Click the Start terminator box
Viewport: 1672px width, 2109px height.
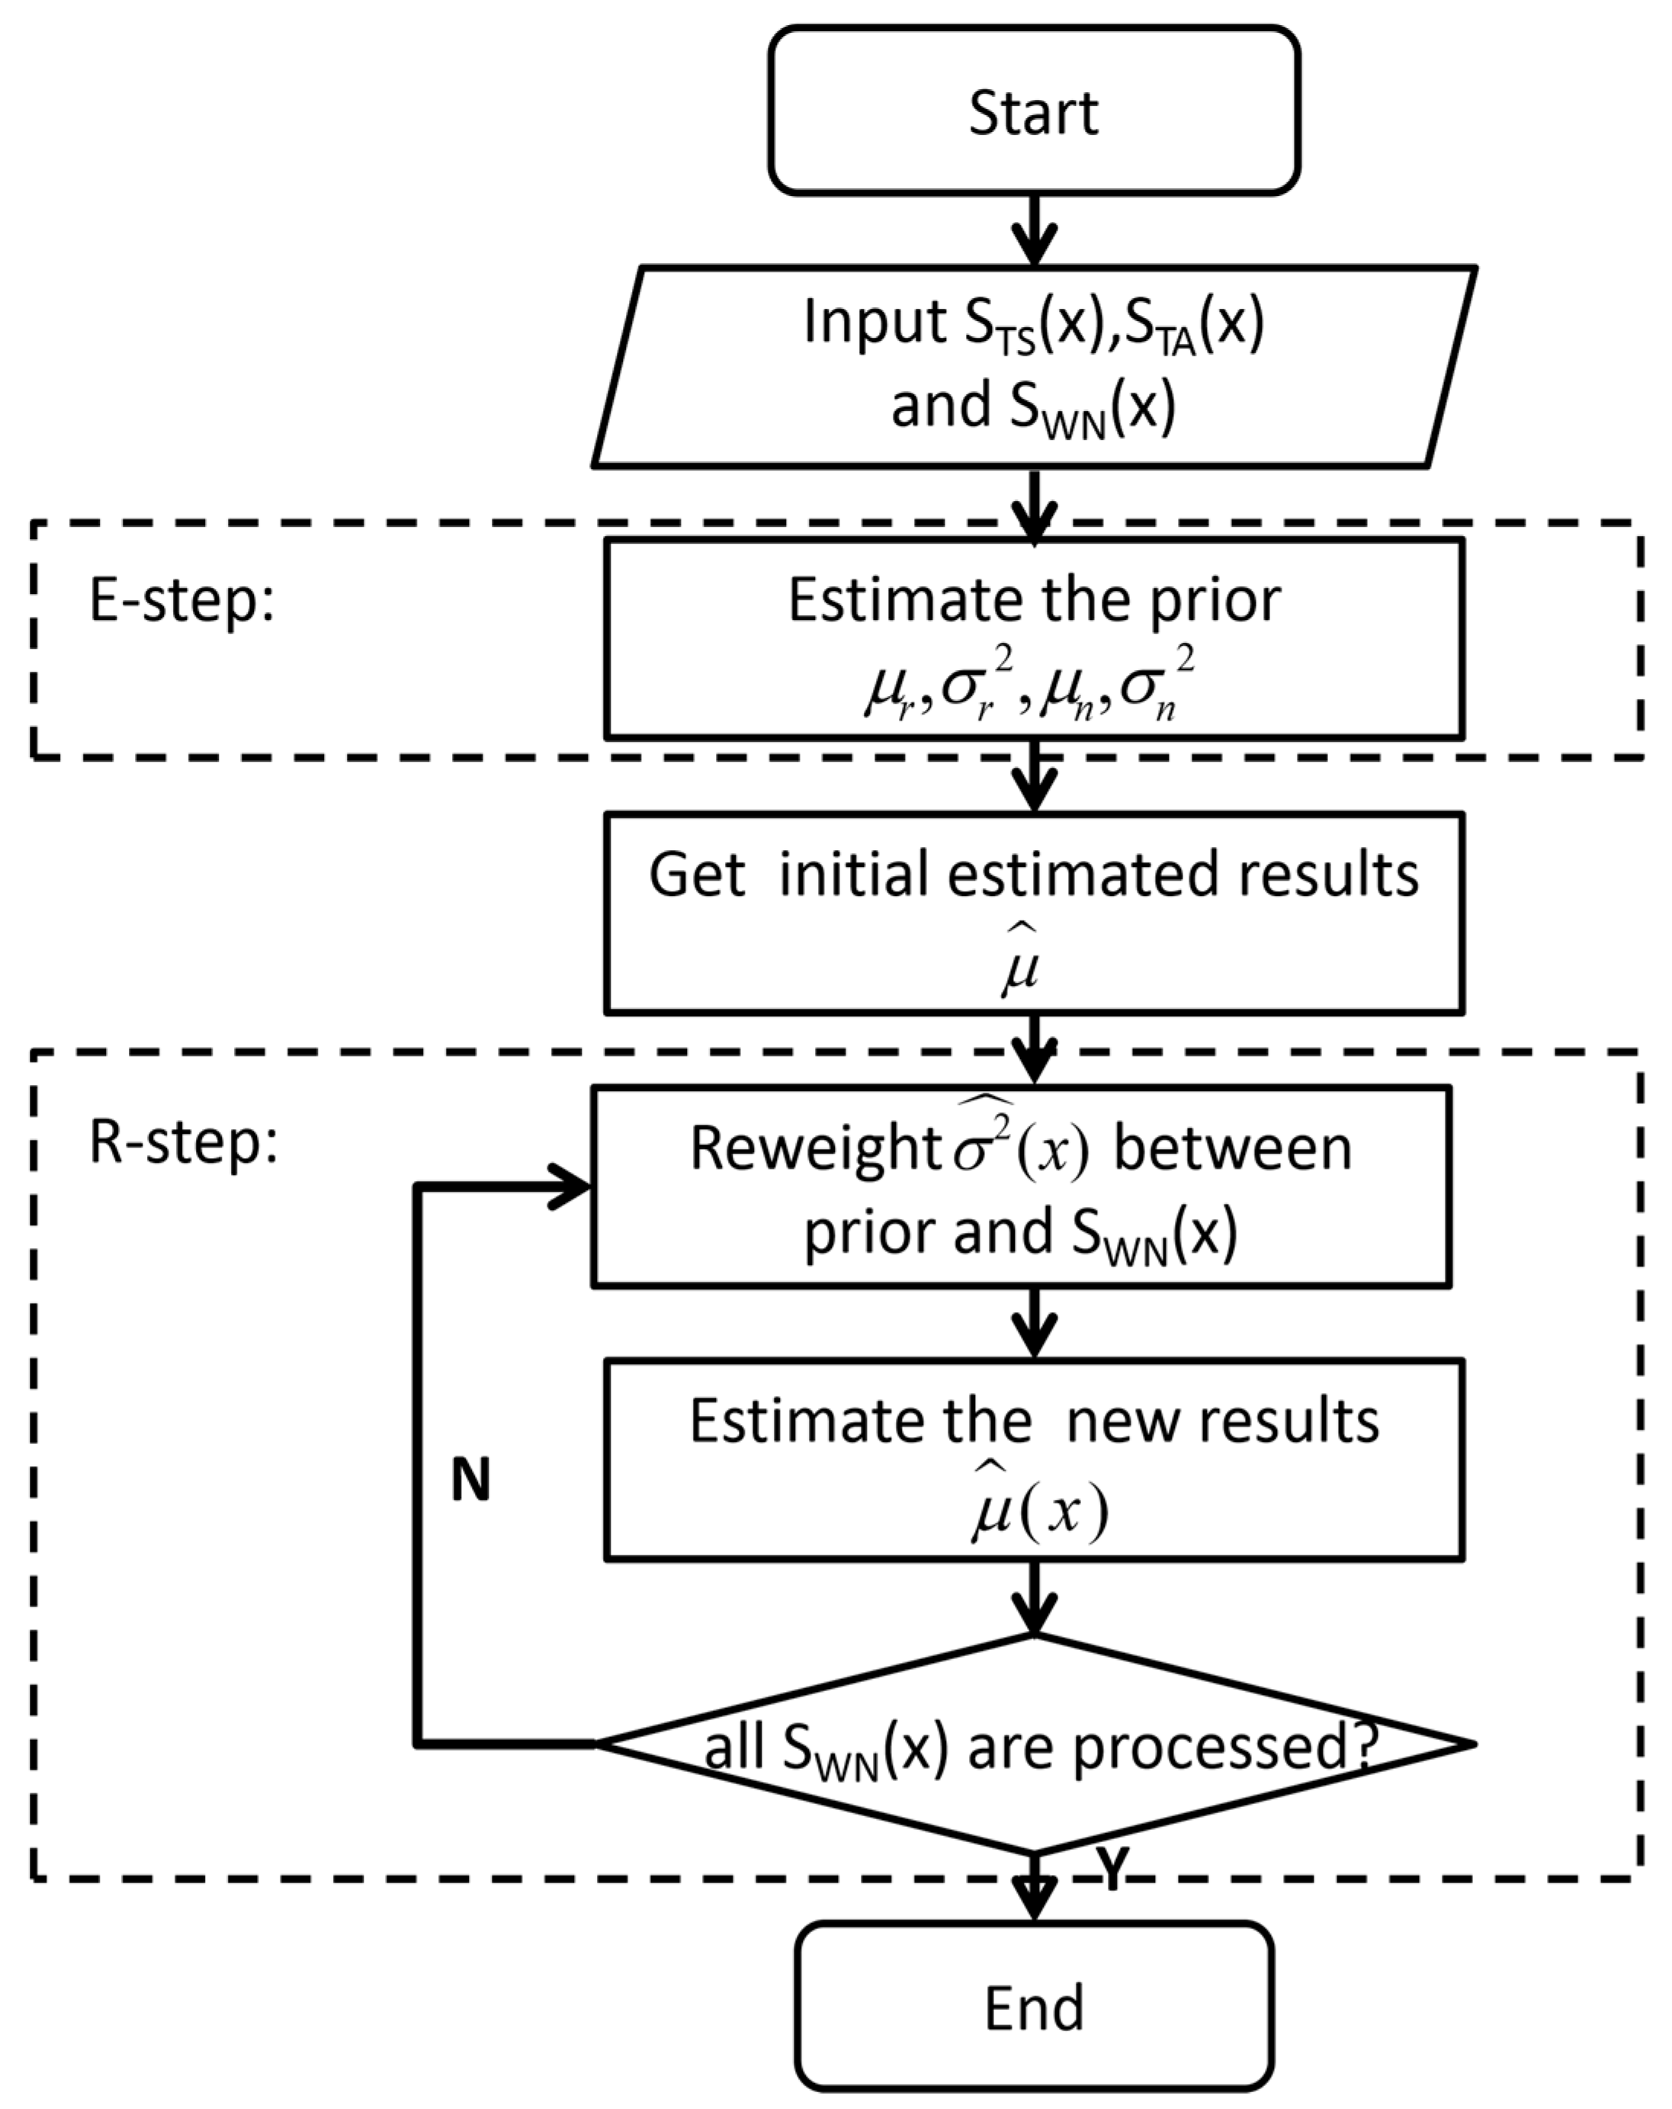click(1033, 111)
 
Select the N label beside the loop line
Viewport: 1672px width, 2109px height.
click(470, 1480)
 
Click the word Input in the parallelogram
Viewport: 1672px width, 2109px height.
click(874, 321)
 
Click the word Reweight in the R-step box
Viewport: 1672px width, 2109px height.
click(814, 1148)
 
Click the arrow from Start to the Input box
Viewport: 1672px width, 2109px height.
click(1034, 231)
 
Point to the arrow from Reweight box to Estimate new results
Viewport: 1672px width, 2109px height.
click(1034, 1323)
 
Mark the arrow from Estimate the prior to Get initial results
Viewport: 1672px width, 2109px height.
click(1034, 775)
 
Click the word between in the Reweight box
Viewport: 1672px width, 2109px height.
click(1233, 1148)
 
